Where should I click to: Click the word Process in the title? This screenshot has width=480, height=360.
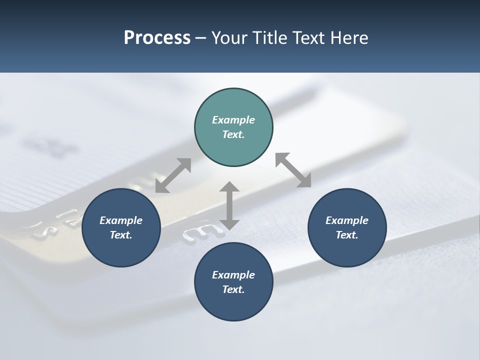coord(157,38)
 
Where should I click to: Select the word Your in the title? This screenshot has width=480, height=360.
coord(228,38)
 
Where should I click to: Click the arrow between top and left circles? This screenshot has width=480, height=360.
coord(173,175)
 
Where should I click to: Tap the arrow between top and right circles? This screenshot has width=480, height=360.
coord(293,170)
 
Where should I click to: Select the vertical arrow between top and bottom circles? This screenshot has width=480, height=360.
coord(229,205)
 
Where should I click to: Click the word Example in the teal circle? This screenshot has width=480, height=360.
coord(233,120)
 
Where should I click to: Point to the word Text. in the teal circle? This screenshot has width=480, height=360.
coord(233,134)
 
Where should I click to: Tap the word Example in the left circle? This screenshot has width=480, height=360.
coord(121,220)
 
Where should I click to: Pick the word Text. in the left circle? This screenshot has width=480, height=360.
coord(121,235)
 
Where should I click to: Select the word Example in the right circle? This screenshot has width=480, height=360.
coord(347,220)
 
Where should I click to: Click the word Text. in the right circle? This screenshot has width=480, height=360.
coord(347,235)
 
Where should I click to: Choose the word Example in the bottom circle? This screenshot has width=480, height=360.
coord(233,275)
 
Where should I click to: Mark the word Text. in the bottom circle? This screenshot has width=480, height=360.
coord(233,289)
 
